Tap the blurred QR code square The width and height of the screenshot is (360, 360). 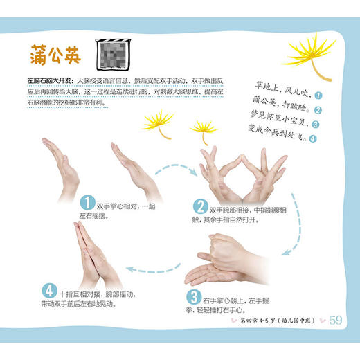pyautogui.click(x=113, y=54)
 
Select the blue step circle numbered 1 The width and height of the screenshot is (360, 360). pyautogui.click(x=87, y=202)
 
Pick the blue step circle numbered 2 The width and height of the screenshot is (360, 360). pyautogui.click(x=200, y=206)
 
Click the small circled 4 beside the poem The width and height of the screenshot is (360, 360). pyautogui.click(x=312, y=138)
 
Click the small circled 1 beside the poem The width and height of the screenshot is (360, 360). pyautogui.click(x=318, y=96)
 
